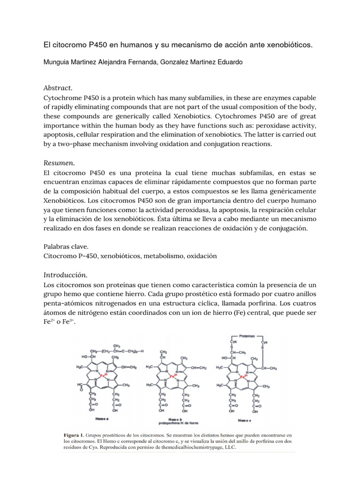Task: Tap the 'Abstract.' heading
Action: pos(58,88)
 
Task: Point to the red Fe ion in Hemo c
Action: pos(242,376)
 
